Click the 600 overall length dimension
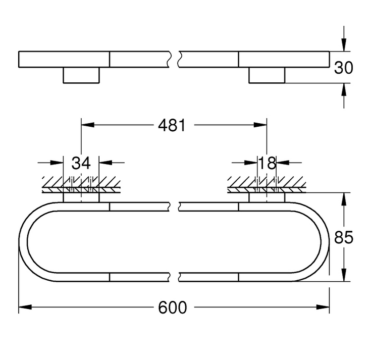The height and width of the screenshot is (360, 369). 173,307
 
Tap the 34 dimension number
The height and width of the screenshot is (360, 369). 81,163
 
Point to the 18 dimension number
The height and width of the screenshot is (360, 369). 267,163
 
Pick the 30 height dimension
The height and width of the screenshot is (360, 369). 344,67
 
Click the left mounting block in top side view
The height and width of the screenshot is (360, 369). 81,75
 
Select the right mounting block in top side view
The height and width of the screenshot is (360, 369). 267,75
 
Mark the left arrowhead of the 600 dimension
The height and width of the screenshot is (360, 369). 23,307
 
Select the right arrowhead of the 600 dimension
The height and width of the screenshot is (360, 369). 325,307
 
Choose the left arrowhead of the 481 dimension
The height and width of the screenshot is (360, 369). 86,125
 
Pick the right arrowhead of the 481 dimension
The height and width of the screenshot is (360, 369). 262,125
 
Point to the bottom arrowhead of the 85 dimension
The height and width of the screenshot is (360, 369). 344,276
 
